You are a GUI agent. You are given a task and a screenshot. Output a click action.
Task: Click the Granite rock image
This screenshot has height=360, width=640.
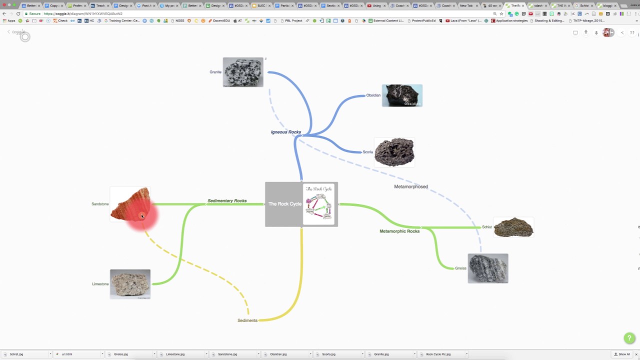pyautogui.click(x=243, y=72)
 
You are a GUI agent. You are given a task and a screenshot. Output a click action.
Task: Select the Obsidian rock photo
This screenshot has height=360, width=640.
pyautogui.click(x=402, y=95)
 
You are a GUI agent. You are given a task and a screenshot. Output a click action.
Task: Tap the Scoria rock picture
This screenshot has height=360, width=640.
pyautogui.click(x=394, y=152)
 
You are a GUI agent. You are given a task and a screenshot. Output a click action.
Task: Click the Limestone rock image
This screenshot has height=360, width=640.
pyautogui.click(x=130, y=284)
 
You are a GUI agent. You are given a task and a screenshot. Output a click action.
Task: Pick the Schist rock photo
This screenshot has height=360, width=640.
pyautogui.click(x=513, y=227)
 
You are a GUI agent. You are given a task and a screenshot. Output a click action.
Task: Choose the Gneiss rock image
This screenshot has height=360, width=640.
pyautogui.click(x=488, y=268)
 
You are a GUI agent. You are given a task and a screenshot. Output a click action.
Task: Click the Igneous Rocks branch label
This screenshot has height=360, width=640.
pyautogui.click(x=286, y=132)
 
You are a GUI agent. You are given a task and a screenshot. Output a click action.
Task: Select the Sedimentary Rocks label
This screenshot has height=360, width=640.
pyautogui.click(x=227, y=201)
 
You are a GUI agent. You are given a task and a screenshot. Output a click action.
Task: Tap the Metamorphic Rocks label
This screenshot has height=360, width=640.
pyautogui.click(x=399, y=231)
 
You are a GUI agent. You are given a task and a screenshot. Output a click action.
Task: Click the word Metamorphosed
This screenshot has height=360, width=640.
pyautogui.click(x=411, y=187)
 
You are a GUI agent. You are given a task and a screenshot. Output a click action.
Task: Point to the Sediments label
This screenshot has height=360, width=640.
pyautogui.click(x=247, y=320)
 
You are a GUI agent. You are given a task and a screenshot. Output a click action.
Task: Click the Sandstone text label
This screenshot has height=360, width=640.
pyautogui.click(x=100, y=204)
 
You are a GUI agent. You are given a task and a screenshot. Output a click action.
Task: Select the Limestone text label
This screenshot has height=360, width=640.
pyautogui.click(x=100, y=284)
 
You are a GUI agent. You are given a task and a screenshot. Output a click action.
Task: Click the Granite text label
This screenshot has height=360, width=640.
pyautogui.click(x=215, y=72)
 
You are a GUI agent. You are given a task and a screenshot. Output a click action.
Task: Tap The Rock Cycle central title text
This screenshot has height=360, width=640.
pyautogui.click(x=284, y=204)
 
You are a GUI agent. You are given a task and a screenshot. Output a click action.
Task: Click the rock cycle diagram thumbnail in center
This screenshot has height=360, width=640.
pyautogui.click(x=319, y=204)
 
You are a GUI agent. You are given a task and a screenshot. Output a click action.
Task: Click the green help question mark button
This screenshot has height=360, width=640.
pyautogui.click(x=629, y=338)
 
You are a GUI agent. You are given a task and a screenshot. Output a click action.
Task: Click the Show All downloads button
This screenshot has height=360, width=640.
pyautogui.click(x=622, y=354)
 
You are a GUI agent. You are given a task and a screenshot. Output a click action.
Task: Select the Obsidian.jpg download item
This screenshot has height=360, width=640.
pyautogui.click(x=278, y=354)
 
